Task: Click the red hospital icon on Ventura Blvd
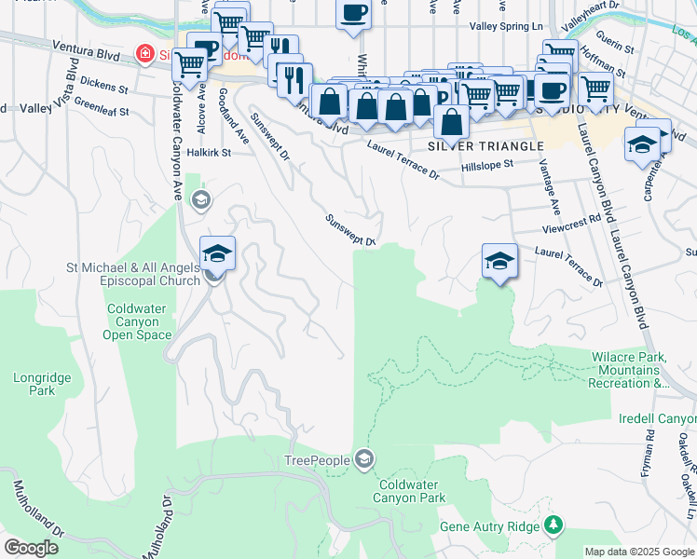click(144, 55)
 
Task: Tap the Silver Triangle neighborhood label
click(485, 146)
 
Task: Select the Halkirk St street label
click(208, 152)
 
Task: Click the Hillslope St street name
click(487, 166)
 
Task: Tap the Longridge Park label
click(34, 384)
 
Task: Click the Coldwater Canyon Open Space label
click(138, 322)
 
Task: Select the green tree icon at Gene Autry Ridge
click(553, 525)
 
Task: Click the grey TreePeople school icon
click(364, 459)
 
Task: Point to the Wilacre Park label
click(628, 370)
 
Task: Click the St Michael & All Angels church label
click(132, 275)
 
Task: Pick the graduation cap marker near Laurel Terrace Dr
click(499, 260)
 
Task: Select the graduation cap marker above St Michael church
click(217, 252)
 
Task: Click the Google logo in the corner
click(32, 548)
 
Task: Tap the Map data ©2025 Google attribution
click(639, 552)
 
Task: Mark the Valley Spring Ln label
click(507, 27)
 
